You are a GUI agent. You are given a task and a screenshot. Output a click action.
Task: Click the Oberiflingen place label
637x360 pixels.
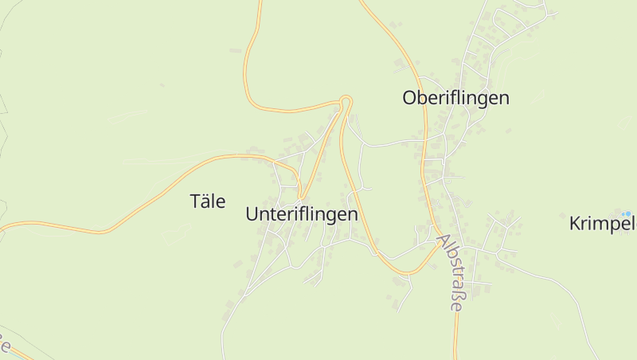[x=455, y=98]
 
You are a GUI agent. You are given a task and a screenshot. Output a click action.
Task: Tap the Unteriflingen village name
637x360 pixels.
[x=302, y=214]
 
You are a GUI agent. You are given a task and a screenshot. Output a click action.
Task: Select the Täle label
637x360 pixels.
[x=208, y=201]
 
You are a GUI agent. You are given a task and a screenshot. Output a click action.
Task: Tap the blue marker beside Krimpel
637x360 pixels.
[x=627, y=213]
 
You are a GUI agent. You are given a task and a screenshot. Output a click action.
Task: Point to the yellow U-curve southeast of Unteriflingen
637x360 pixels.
[x=406, y=273]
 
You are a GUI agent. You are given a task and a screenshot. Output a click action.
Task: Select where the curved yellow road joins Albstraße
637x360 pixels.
[x=438, y=241]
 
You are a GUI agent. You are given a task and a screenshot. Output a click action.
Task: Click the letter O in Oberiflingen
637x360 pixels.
[x=409, y=98]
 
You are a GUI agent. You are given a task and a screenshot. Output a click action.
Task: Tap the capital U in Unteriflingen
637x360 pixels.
[x=252, y=214]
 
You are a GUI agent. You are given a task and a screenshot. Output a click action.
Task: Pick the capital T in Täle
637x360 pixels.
[x=196, y=201]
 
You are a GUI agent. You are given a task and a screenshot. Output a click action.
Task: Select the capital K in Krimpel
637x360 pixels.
[x=575, y=224]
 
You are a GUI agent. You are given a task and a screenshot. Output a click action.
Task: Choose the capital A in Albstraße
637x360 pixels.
[x=442, y=241]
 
